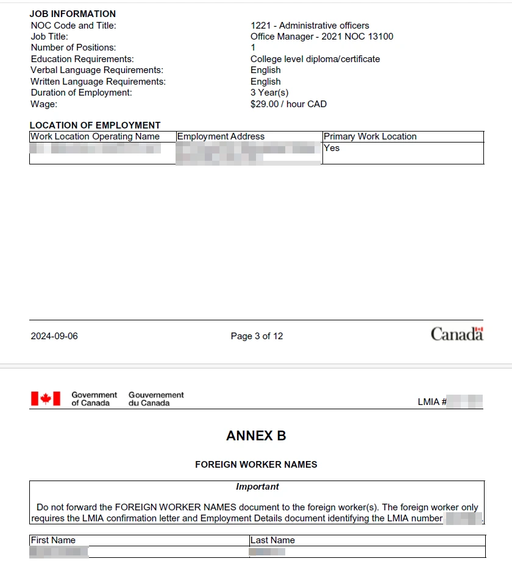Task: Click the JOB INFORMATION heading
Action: point(73,13)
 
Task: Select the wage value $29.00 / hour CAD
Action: point(288,104)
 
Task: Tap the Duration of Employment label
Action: point(81,93)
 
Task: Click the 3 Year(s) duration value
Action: point(269,93)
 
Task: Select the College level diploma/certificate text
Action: point(315,59)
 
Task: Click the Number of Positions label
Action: point(73,48)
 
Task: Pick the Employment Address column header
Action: point(221,136)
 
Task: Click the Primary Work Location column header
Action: point(370,136)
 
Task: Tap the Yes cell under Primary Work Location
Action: point(332,148)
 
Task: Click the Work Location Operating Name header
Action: point(95,136)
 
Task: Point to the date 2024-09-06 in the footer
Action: point(54,336)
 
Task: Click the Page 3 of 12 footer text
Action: point(257,336)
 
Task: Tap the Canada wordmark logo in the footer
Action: point(457,334)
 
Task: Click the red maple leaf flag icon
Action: point(46,399)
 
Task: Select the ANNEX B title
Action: point(256,436)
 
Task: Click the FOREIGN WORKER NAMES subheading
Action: point(256,464)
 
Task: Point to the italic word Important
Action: point(257,487)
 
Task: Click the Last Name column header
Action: point(272,540)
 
